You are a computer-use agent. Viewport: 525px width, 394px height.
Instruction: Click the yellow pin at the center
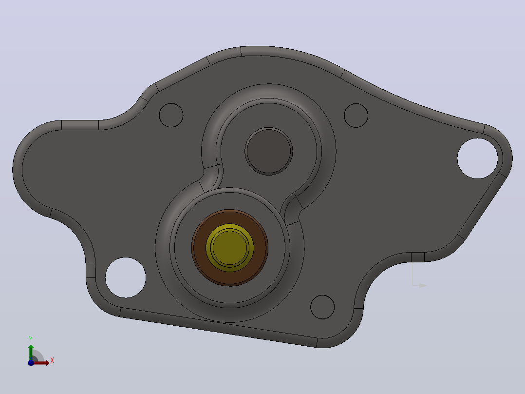230,248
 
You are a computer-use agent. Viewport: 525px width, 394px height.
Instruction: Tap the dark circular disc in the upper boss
269,151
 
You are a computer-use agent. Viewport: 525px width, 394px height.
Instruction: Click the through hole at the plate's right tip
478,158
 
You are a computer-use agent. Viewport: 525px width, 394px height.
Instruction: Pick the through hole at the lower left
126,277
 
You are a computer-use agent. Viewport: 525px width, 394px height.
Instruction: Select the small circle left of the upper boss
171,116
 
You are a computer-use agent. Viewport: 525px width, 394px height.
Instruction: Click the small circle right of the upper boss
356,116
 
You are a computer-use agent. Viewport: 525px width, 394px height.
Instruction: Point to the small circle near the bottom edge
322,307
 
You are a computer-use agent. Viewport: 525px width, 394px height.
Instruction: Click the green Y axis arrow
31,352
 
